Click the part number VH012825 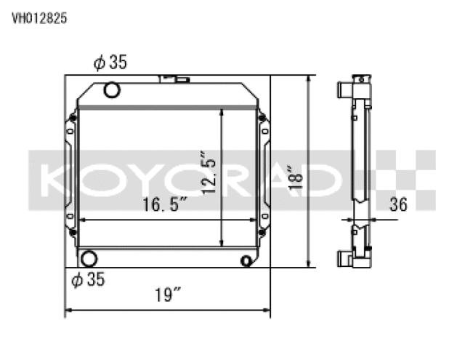click(x=39, y=20)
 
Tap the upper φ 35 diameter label click(x=110, y=63)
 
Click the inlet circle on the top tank click(x=112, y=90)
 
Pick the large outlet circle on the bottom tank click(x=88, y=258)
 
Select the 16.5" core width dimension click(x=166, y=205)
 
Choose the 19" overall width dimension click(x=168, y=295)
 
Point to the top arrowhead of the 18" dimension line click(x=311, y=79)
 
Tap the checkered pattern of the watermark click(x=407, y=175)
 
